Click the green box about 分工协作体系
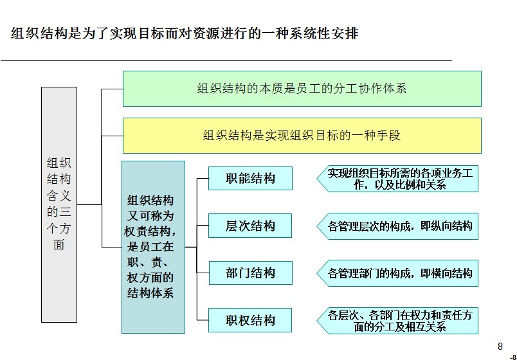(302, 89)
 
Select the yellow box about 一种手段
(302, 136)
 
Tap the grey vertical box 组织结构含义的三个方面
(59, 204)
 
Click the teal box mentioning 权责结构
(153, 247)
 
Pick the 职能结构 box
(250, 178)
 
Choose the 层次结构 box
(250, 226)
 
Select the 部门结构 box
(251, 273)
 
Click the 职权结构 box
(250, 320)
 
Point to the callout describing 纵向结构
(397, 226)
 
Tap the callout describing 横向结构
(397, 273)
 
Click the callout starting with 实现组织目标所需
(397, 179)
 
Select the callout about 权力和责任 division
(397, 321)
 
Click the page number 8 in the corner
(500, 346)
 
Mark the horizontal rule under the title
(226, 60)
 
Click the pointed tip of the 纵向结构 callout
(317, 226)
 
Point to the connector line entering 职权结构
(203, 320)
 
